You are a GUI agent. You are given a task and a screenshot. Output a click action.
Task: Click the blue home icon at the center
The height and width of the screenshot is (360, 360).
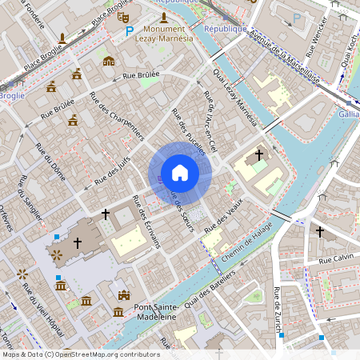[x=180, y=173]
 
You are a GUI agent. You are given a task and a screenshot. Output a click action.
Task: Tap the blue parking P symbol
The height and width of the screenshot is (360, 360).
[x=129, y=31]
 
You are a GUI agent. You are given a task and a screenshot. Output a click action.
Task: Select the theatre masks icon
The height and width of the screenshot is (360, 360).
[x=122, y=15]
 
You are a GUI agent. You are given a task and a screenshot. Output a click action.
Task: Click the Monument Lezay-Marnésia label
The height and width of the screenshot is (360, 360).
[x=164, y=34]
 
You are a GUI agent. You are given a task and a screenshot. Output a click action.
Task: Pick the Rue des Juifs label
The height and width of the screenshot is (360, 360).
[x=111, y=169]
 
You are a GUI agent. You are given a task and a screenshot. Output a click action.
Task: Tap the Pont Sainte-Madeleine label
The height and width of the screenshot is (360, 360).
[x=144, y=311]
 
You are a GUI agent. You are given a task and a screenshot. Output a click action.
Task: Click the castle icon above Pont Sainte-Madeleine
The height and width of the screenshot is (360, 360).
[x=123, y=295]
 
